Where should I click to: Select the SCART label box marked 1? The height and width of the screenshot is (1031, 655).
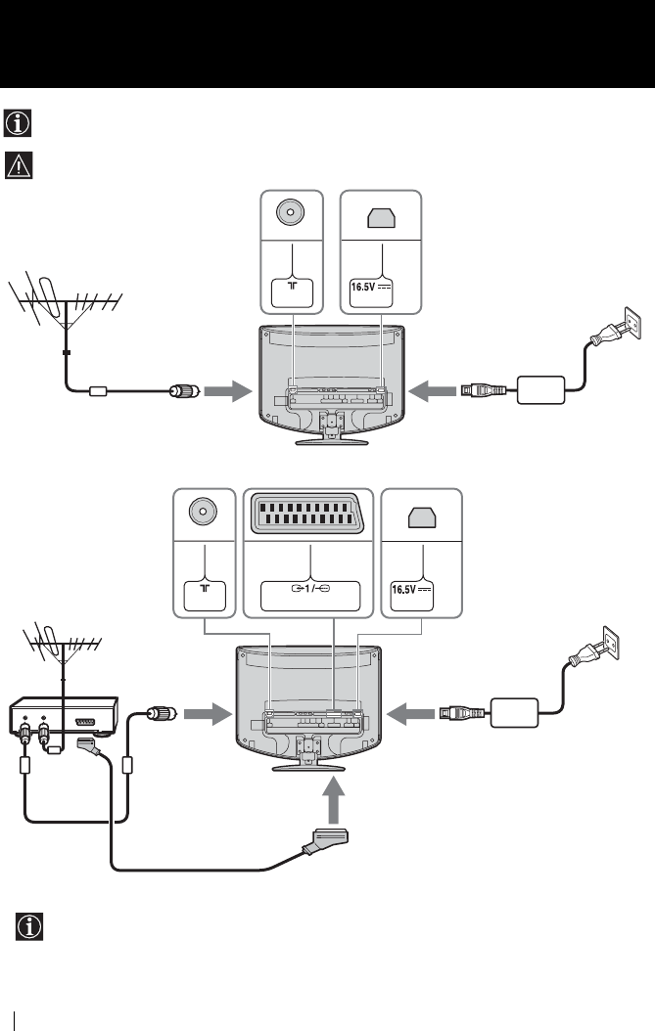[308, 595]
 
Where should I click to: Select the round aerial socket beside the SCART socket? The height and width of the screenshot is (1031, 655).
[203, 515]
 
